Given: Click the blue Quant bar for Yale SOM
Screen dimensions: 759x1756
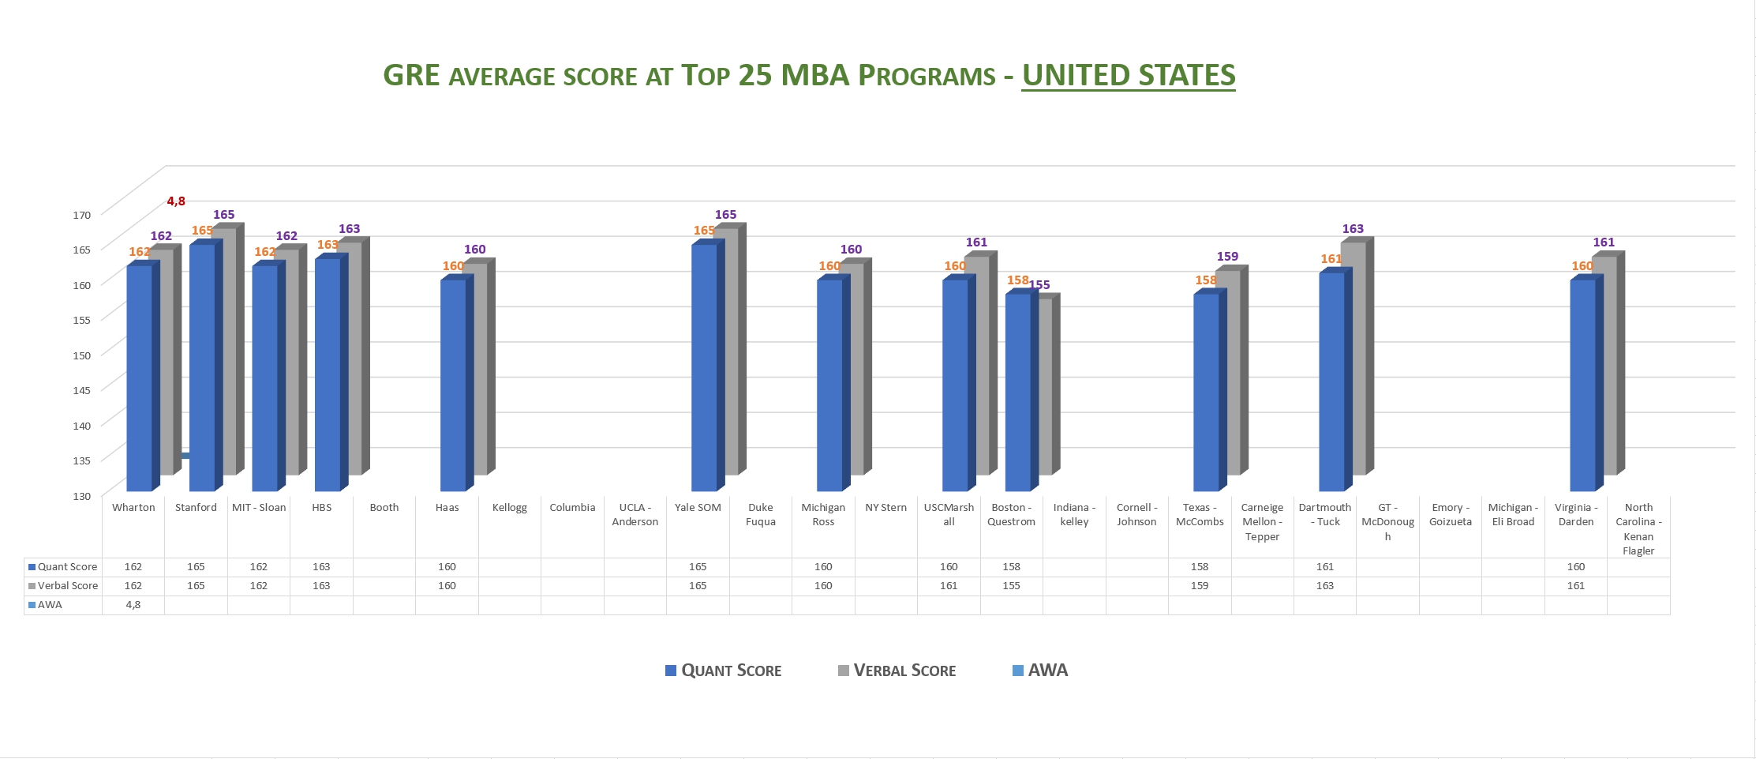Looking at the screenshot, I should (x=704, y=367).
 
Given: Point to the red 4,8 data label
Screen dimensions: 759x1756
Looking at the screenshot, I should (x=176, y=201).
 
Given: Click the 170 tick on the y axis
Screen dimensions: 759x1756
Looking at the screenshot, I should (x=82, y=215).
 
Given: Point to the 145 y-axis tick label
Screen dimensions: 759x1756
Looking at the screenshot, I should (x=82, y=390).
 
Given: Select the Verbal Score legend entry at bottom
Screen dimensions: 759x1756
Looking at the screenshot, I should (x=897, y=671).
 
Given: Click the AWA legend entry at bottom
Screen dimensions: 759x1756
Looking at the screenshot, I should (x=1040, y=671).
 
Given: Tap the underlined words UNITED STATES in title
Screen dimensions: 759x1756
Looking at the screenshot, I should (x=1129, y=76).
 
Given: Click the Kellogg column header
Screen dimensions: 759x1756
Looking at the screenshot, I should (x=510, y=508).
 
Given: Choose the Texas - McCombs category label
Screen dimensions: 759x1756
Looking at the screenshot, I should (x=1200, y=514).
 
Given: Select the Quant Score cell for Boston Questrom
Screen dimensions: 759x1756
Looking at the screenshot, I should (x=1011, y=567).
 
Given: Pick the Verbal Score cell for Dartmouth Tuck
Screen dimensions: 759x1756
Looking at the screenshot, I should (x=1324, y=586).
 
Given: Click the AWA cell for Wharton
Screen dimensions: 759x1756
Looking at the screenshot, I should (x=133, y=605).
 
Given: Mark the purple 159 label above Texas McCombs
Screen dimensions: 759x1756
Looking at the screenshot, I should (x=1227, y=257).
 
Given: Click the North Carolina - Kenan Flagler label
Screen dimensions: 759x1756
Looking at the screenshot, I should (x=1638, y=529).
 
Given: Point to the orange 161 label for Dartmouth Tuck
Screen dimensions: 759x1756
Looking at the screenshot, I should (x=1331, y=259).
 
